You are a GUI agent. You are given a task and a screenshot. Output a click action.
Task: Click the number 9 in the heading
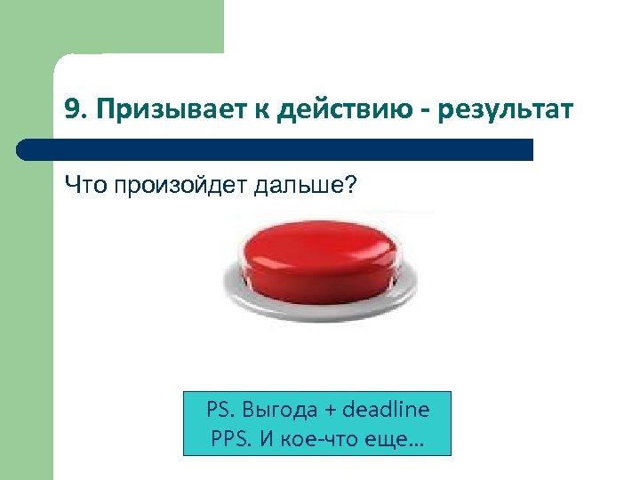tap(71, 109)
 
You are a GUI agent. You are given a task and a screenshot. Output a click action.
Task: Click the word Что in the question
tap(81, 187)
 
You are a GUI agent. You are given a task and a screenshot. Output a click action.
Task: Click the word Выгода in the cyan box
tap(281, 410)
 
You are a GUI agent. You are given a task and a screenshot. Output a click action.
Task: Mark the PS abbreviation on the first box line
tap(219, 410)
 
